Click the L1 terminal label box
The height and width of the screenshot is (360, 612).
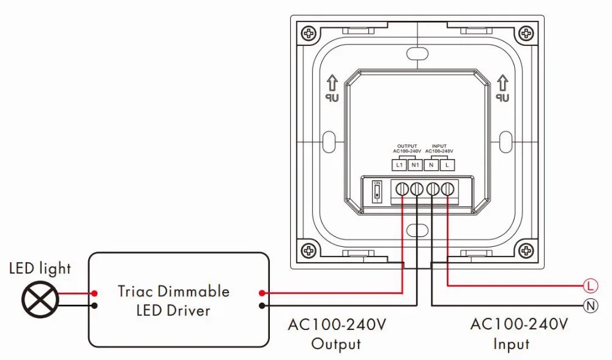(x=400, y=165)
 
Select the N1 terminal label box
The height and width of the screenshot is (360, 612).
(x=415, y=165)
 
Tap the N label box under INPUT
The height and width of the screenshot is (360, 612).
(x=433, y=165)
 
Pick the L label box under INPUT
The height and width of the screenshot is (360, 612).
(x=447, y=165)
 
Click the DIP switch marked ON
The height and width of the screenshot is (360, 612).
(x=377, y=192)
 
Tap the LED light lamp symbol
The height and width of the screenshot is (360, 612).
(x=40, y=299)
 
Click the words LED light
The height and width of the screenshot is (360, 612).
(x=40, y=268)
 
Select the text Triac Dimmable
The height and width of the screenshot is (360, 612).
(x=174, y=291)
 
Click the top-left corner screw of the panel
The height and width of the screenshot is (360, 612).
(x=308, y=32)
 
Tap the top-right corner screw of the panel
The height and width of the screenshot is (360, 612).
(x=525, y=32)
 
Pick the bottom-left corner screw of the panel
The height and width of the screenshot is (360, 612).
(x=308, y=250)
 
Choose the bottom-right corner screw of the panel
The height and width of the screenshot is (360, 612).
(x=525, y=250)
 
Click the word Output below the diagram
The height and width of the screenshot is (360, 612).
(x=336, y=344)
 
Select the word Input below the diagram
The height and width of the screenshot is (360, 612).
(x=511, y=344)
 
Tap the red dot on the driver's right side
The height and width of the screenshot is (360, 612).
(x=262, y=293)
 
